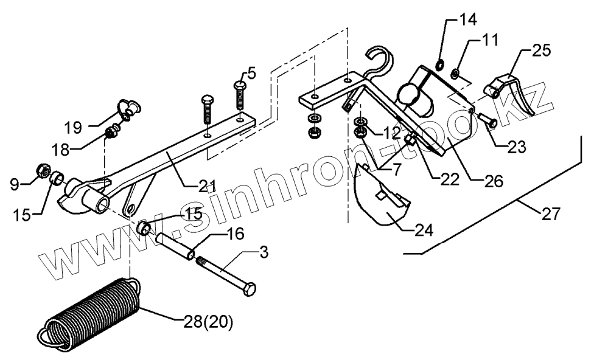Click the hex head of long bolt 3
tap(249, 289)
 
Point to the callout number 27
tap(550, 213)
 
